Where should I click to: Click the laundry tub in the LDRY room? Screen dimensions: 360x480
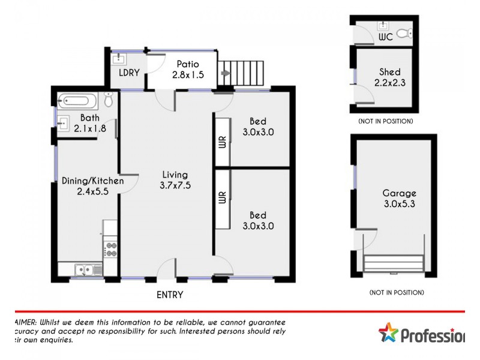point(119,58)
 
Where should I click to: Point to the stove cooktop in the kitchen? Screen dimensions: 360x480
point(110,249)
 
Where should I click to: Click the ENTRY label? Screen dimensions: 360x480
point(170,295)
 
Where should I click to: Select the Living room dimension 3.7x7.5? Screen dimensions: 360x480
point(176,185)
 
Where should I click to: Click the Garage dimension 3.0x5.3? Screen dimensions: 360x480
point(399,204)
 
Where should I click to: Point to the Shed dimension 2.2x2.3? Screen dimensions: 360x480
point(389,83)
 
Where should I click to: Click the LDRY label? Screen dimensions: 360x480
point(129,73)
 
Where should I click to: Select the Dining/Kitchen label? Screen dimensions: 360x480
point(93,181)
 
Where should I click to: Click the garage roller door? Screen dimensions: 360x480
point(394,263)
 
